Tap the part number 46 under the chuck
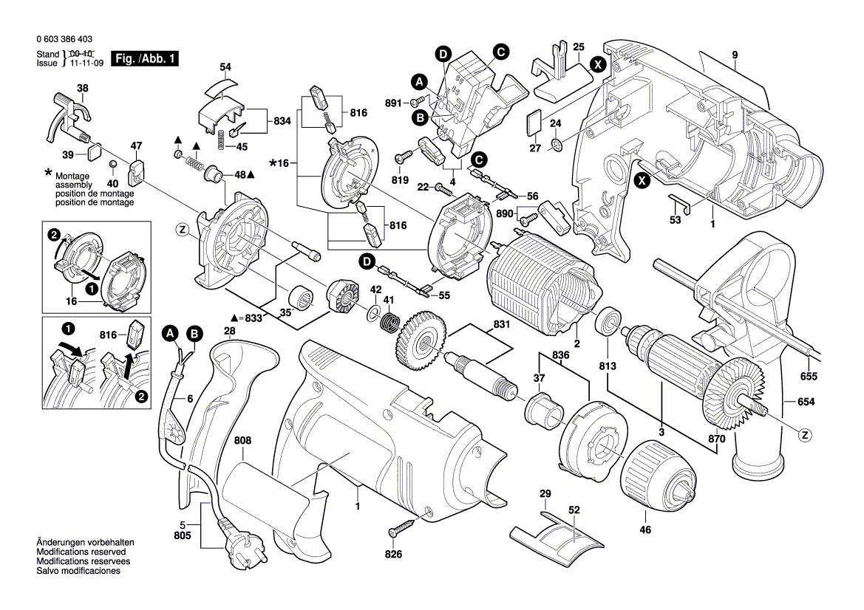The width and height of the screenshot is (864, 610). point(645,530)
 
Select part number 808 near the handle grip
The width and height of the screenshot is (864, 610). point(242,441)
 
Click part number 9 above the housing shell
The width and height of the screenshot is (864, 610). point(735,55)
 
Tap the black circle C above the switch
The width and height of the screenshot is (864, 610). point(500,52)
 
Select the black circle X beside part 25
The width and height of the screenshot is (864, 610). point(599,64)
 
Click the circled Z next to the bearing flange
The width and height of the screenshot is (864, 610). point(182,229)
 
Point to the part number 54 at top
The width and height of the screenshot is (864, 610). point(225,67)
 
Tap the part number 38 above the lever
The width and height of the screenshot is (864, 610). point(83,88)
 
